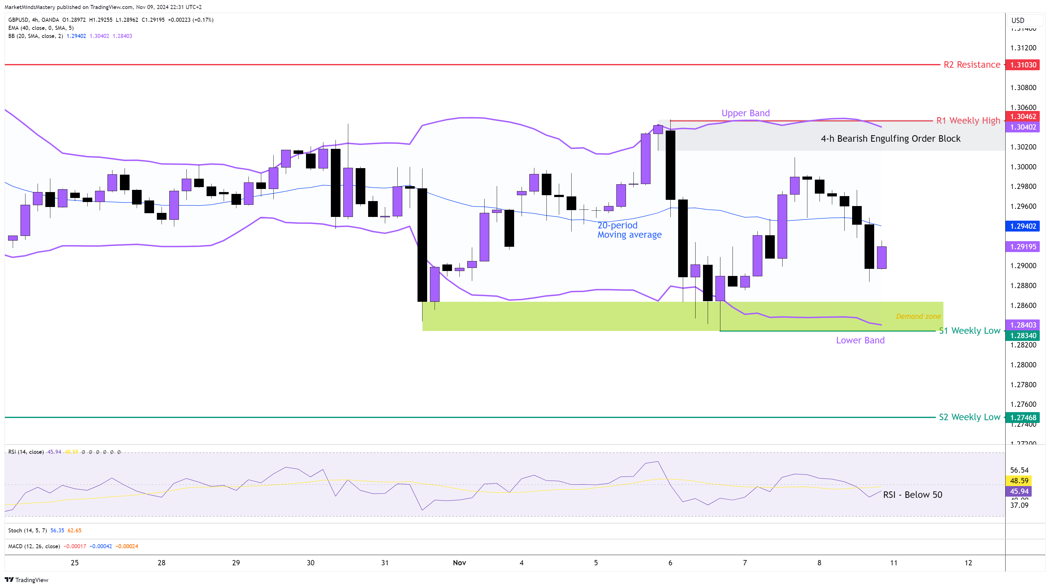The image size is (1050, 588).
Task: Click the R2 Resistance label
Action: [971, 65]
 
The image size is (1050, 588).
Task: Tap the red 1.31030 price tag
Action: [1023, 65]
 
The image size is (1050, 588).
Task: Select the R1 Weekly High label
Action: [968, 121]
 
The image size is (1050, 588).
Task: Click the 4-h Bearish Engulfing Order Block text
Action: [890, 139]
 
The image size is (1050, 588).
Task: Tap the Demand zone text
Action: [918, 316]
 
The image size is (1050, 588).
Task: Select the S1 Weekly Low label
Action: [969, 331]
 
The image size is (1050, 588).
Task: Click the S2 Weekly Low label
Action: [969, 417]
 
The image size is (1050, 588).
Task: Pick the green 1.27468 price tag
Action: [1023, 418]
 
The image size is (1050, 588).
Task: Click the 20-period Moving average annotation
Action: [629, 230]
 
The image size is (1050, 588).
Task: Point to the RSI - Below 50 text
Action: [912, 495]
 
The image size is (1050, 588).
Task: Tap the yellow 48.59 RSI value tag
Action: [1019, 481]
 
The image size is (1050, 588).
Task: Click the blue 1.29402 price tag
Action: [1023, 226]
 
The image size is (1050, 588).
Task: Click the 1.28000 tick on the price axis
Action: [1023, 365]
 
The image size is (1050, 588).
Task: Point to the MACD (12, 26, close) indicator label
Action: [34, 546]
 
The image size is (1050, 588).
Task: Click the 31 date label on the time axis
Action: [385, 563]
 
